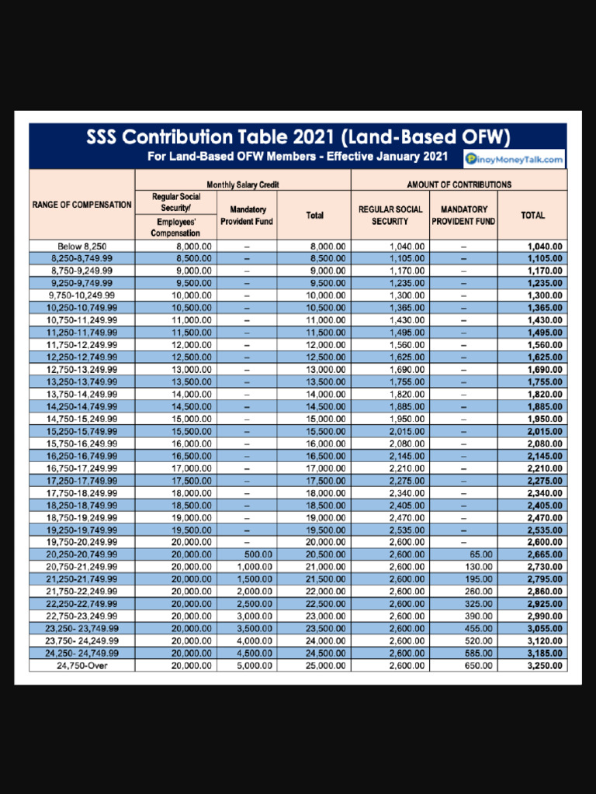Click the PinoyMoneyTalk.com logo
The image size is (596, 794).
click(515, 160)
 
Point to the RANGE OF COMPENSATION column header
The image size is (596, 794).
click(81, 205)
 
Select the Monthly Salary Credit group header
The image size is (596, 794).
click(243, 185)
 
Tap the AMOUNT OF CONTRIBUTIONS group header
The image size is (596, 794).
click(459, 185)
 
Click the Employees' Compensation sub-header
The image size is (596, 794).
click(176, 227)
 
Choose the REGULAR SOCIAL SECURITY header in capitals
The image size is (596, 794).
click(390, 215)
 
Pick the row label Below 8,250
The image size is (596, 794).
click(81, 247)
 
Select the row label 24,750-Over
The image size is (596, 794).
click(81, 665)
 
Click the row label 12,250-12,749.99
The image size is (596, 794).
click(81, 357)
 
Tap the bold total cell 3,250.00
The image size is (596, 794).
click(545, 665)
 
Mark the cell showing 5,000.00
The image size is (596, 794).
click(255, 665)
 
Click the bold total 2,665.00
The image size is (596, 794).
click(545, 554)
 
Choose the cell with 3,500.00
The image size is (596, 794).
click(255, 628)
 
